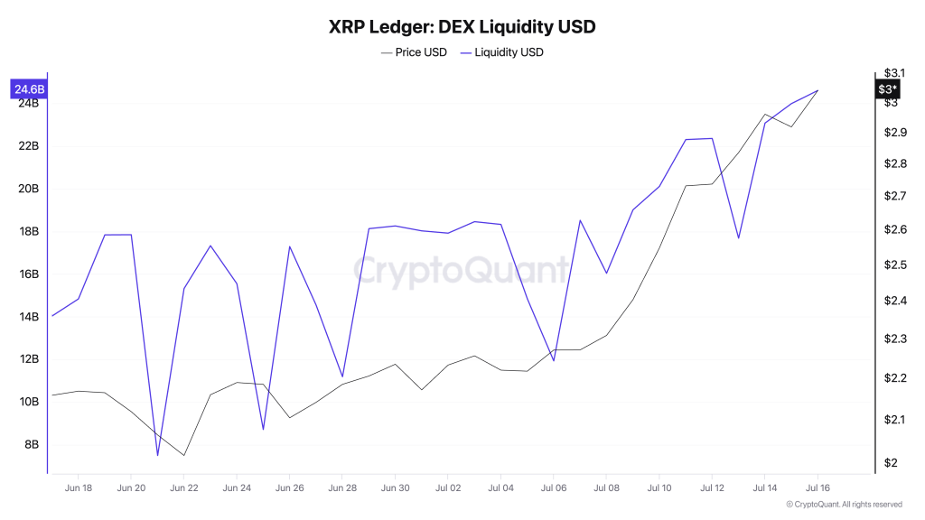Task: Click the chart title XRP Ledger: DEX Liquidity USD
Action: coord(462,26)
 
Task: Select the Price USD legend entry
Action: coord(414,52)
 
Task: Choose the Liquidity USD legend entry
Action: coord(502,52)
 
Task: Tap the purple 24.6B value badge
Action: coord(27,89)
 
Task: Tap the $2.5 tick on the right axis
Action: coord(895,265)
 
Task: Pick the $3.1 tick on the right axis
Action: coord(895,72)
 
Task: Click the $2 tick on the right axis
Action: coord(891,463)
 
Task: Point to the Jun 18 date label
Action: coord(79,487)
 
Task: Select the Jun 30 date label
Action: coord(395,487)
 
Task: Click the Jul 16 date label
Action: coord(818,487)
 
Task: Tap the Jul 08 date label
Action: coord(606,487)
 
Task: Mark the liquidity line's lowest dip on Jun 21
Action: coord(157,455)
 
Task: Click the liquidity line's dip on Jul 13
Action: coord(739,238)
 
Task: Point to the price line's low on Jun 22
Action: coord(184,455)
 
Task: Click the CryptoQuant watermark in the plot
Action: coord(461,271)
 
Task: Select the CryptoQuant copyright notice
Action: coord(844,505)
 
